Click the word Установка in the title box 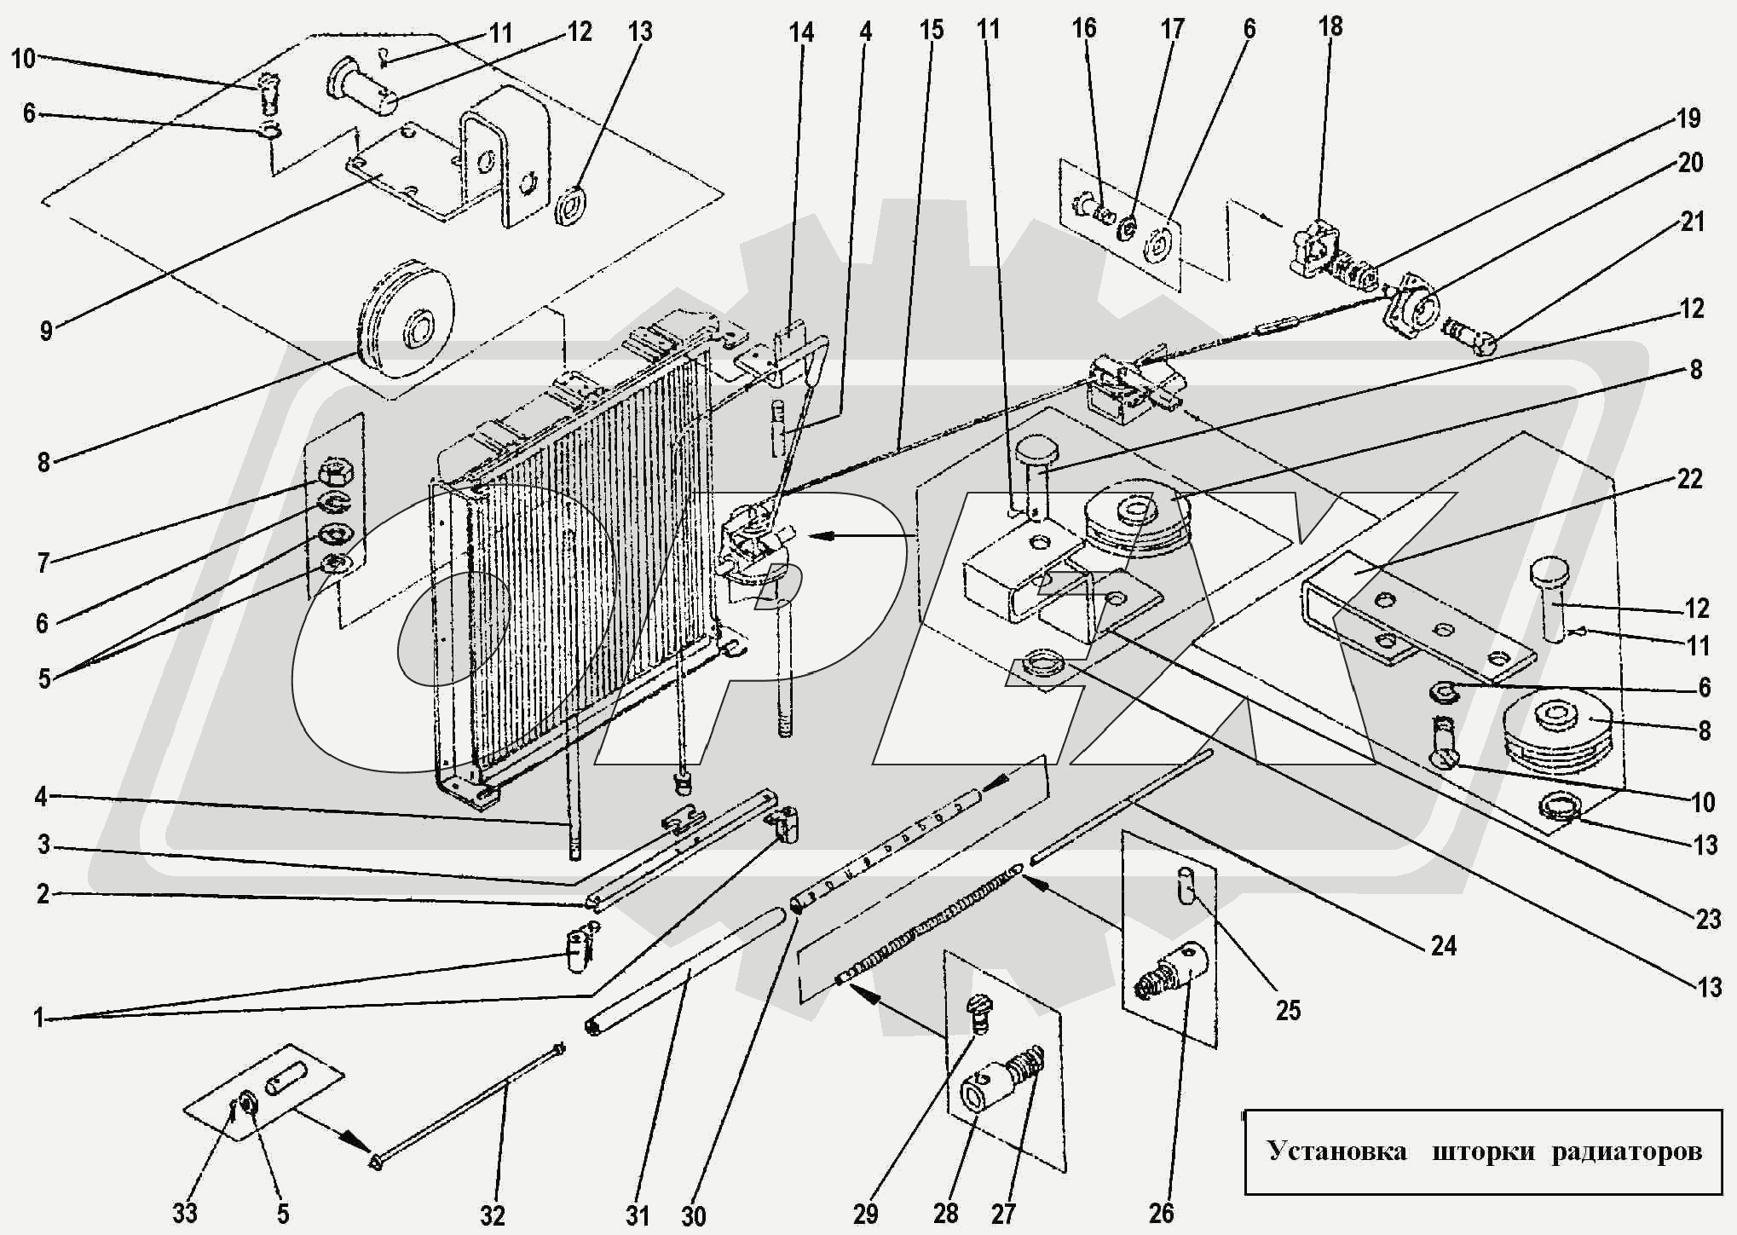tap(1336, 1151)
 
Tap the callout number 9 tap(47, 330)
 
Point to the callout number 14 tap(800, 32)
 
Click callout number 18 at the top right tap(1330, 26)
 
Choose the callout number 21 tap(1692, 222)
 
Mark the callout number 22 tap(1689, 479)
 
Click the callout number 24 tap(1444, 945)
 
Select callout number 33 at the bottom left tap(185, 1213)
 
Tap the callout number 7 tap(43, 562)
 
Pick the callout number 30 tap(694, 1215)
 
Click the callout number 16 tap(1084, 28)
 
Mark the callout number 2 tap(43, 895)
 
